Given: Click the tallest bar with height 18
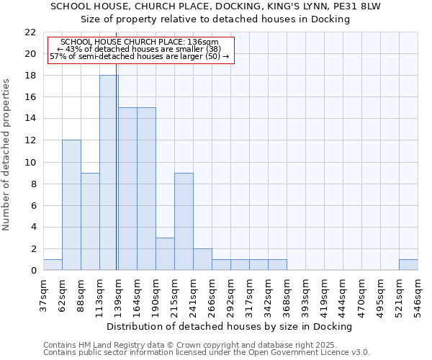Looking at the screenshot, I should [109, 173].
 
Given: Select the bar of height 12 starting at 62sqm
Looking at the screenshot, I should [71, 205].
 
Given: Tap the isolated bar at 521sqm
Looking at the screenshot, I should [408, 265].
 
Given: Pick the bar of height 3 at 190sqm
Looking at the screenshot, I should [165, 254].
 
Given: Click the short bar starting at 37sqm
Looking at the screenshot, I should [53, 265].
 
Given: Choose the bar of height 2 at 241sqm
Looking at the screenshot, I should [202, 259].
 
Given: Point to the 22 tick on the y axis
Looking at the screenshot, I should [32, 32].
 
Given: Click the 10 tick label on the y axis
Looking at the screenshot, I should [32, 163].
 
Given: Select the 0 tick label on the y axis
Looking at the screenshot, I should [34, 271].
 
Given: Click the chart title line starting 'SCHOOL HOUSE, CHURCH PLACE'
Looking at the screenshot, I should [215, 6].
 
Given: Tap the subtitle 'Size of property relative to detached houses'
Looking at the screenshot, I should [215, 19].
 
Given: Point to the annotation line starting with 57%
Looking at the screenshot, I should [140, 56].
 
